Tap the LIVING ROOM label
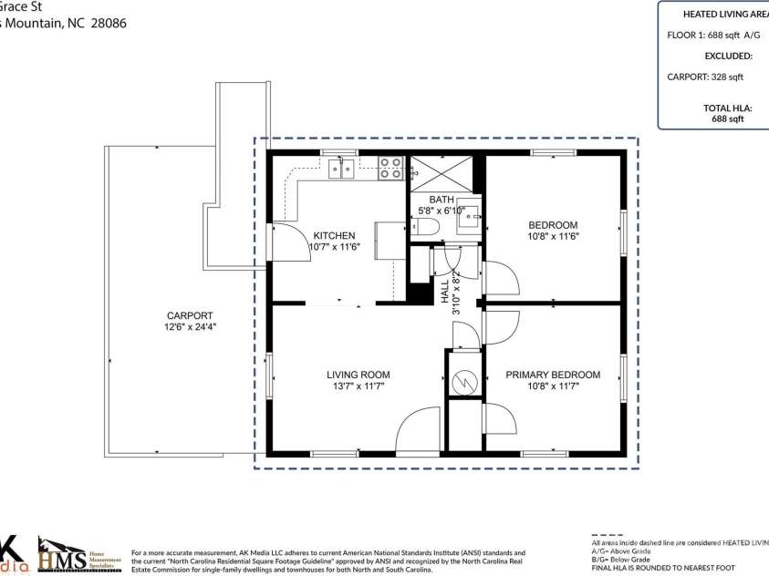[x=359, y=375]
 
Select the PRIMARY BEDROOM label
[x=553, y=375]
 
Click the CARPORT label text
[x=190, y=315]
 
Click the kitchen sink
[x=341, y=168]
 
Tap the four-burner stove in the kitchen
[x=390, y=168]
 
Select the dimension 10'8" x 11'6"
[x=553, y=236]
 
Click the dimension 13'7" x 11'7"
[x=359, y=386]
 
